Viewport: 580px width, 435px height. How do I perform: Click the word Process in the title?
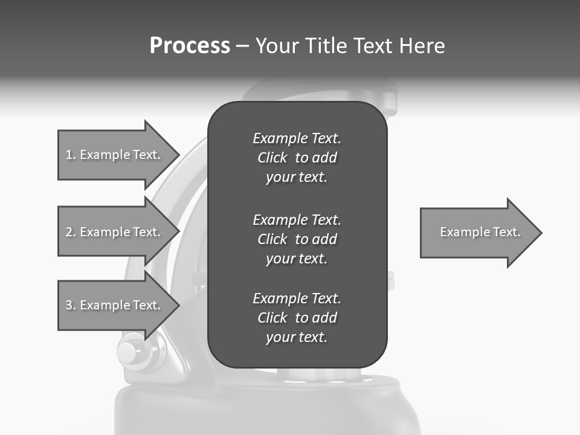pos(190,46)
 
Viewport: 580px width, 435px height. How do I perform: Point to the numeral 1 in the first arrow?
pos(69,155)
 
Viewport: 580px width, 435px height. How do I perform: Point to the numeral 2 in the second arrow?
pos(69,232)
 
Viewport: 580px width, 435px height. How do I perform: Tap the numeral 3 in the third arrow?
pos(69,305)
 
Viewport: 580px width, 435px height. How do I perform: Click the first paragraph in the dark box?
pos(297,158)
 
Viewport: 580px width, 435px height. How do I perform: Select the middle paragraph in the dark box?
pos(297,239)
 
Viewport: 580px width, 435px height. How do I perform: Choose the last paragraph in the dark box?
pos(297,318)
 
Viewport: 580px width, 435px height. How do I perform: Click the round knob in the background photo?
pos(128,353)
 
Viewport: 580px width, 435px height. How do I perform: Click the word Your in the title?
pos(276,46)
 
